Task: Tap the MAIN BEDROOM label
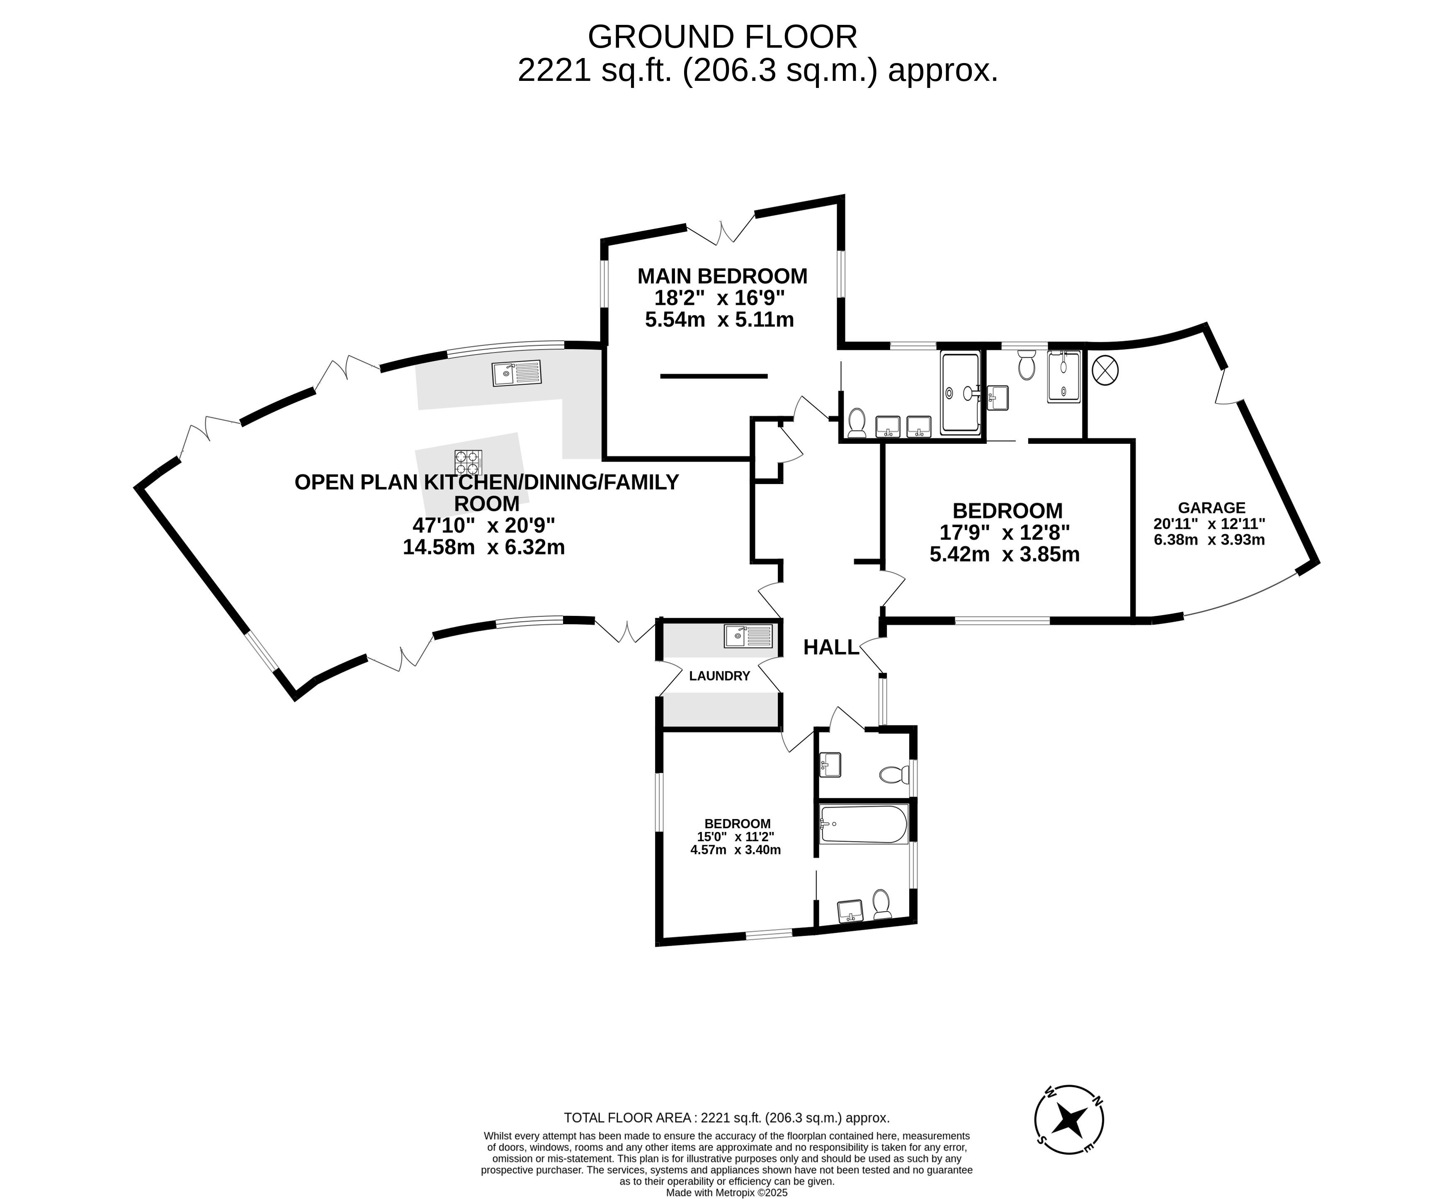coord(722,276)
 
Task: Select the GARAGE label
coord(1211,508)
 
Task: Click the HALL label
coord(831,647)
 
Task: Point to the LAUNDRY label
coord(719,676)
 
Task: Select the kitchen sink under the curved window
coord(517,374)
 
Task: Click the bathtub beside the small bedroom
coord(863,824)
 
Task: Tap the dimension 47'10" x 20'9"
coord(484,525)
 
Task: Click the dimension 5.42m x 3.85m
coord(1005,555)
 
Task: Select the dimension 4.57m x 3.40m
coord(736,850)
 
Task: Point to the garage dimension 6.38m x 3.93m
coord(1210,540)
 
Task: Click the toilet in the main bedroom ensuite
coord(857,423)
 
